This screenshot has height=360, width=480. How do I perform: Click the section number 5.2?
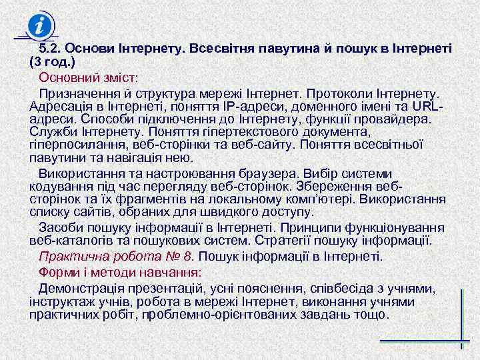point(49,49)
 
